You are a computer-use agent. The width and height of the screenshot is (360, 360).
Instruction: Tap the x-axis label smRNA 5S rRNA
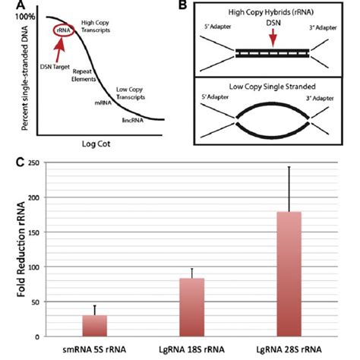point(94,349)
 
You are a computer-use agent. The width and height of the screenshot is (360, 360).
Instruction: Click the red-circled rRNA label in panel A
point(61,30)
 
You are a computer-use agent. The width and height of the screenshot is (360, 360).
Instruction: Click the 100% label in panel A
point(15,14)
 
